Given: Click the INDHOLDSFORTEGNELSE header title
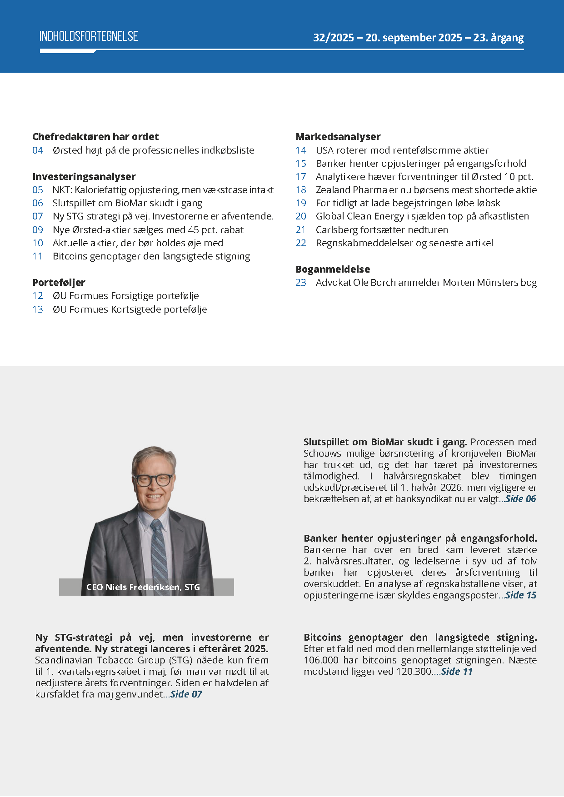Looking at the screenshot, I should pos(89,36).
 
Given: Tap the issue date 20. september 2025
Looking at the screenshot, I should pos(414,38).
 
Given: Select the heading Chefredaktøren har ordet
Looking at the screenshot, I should pos(95,136).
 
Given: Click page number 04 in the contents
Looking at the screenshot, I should pos(38,150).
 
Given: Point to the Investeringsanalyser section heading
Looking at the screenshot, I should pos(84,176).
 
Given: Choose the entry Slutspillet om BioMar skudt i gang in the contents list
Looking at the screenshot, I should pos(127,203).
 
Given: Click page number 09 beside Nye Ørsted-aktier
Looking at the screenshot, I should pos(38,230).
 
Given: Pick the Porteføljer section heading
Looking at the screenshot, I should pos(59,282).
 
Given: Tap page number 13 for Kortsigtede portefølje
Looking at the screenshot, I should pos(38,309).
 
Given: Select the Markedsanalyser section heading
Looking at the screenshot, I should pos(338,136).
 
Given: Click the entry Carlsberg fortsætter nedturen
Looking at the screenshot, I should pos(382,230).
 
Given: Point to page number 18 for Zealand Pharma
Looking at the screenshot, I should pos(301,190).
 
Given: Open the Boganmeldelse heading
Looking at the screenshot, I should pos(333,269).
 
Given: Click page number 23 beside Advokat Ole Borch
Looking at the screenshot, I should pos(301,283).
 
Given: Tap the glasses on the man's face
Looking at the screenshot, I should pos(154,480).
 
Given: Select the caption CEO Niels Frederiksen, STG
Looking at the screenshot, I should pos(143,587).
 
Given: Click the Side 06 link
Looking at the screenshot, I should pos(521,499).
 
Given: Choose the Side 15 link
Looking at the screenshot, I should pos(521,595).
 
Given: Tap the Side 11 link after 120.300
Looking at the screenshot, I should pos(457,672).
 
